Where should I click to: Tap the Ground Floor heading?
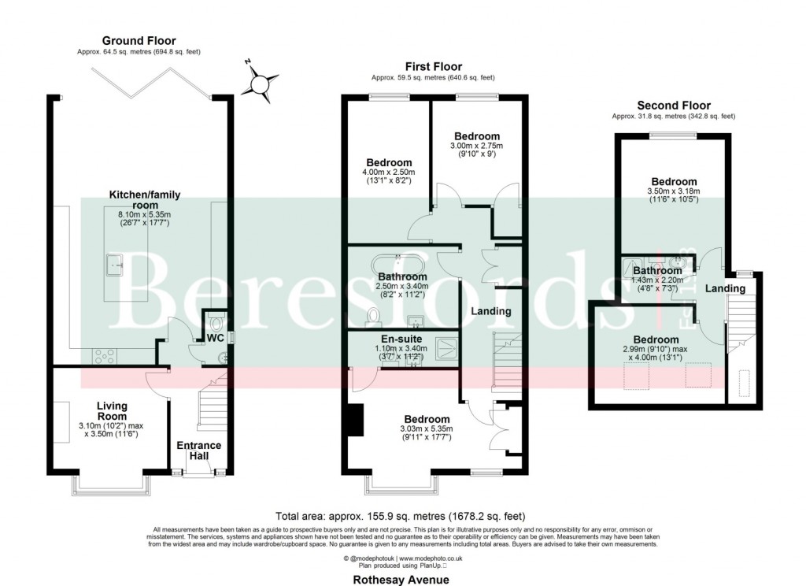[x=139, y=41]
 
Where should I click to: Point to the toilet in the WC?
[x=218, y=324]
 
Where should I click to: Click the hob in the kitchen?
[x=105, y=356]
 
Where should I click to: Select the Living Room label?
[x=112, y=411]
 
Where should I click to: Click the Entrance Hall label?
[x=198, y=451]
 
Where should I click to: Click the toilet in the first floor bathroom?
[x=373, y=316]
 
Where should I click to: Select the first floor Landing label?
[x=490, y=311]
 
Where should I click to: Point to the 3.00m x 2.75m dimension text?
[x=475, y=146]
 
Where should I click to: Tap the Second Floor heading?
[x=673, y=106]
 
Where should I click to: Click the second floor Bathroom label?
[x=657, y=270]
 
